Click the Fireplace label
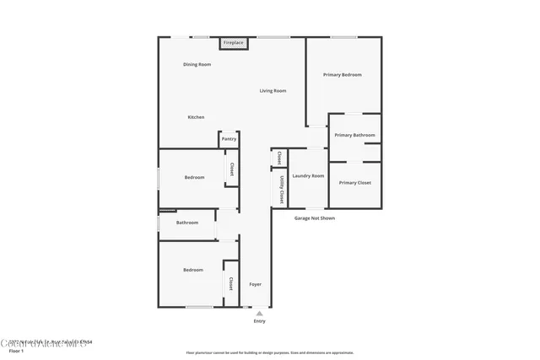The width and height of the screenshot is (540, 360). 233,42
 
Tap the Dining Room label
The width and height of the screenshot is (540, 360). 197,65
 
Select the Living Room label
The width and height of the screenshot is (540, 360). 273,91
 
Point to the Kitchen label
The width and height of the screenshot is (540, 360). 196,117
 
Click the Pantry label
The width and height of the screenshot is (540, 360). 229,141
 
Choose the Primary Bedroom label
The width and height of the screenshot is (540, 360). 343,75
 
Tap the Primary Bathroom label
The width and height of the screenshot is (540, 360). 354,135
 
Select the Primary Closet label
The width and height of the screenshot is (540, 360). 354,183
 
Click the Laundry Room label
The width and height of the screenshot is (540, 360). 308,176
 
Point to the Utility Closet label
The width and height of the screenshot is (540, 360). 279,189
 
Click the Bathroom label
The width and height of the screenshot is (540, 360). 187,223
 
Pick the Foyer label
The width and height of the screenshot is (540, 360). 255,284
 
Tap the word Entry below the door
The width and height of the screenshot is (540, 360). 259,321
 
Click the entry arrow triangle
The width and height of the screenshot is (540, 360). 259,313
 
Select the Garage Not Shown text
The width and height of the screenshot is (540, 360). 315,218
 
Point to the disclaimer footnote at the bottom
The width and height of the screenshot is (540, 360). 270,352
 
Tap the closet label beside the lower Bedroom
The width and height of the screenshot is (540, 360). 229,283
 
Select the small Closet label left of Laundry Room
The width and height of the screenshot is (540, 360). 279,158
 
